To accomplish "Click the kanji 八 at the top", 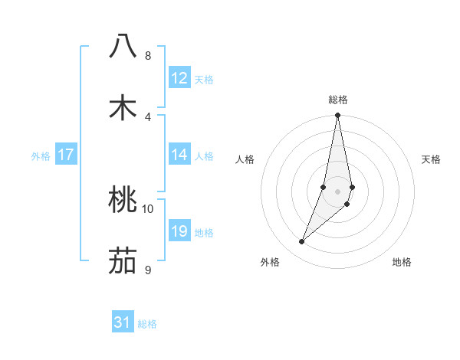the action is click(x=123, y=46).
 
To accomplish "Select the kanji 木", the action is click(x=123, y=108).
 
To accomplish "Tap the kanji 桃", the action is click(x=123, y=201).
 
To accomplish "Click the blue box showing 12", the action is click(x=179, y=78).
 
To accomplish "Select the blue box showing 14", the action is click(x=179, y=155).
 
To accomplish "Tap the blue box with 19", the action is click(x=179, y=231).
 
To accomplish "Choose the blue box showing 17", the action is click(x=66, y=155).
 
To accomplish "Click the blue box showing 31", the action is click(x=123, y=322).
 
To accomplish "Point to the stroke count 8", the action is click(x=148, y=56).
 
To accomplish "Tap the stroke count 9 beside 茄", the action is click(x=148, y=270).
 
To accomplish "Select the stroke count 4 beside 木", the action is click(x=148, y=117).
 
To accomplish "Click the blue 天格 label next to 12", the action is click(x=204, y=80).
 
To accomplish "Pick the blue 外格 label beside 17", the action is click(x=41, y=156).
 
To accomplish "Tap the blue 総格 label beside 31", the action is click(x=147, y=324).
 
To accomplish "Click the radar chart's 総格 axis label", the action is click(x=337, y=100).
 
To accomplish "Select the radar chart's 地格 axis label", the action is click(x=402, y=262).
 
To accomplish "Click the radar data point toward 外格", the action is click(x=302, y=241).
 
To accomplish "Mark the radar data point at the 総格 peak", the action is click(x=337, y=116).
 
